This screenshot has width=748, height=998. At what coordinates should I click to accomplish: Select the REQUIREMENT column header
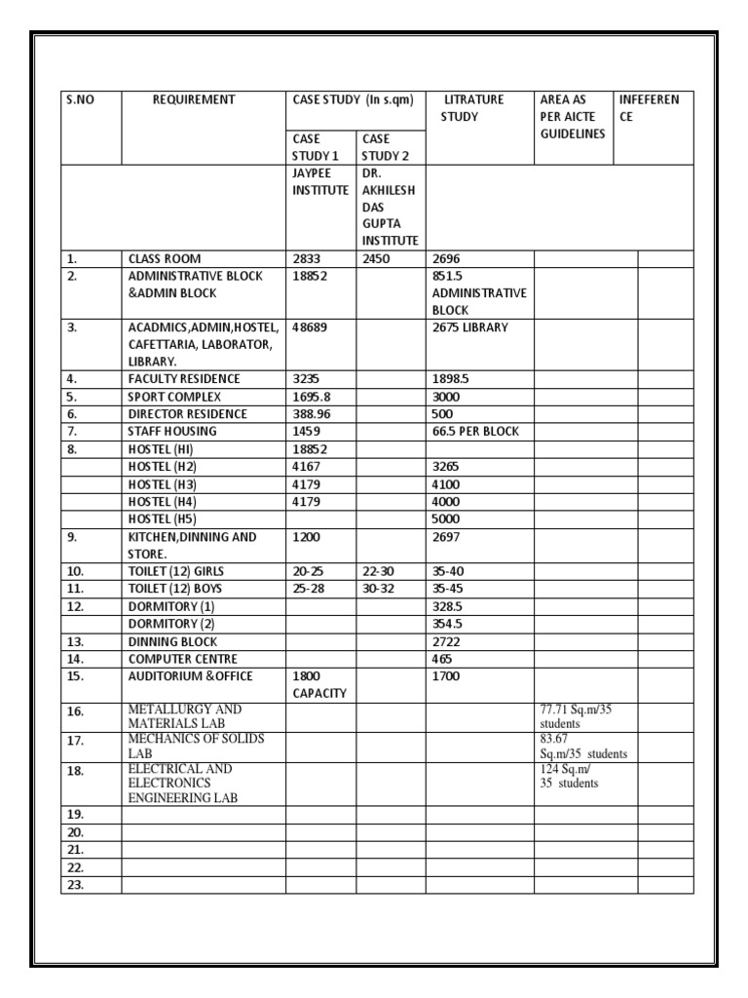tap(194, 99)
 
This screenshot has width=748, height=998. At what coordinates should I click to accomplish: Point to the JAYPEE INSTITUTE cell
tap(320, 182)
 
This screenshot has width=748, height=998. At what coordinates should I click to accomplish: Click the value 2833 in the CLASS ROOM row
tap(307, 259)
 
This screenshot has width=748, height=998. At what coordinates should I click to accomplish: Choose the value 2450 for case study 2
tap(376, 259)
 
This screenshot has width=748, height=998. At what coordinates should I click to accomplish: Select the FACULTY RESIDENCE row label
tap(184, 378)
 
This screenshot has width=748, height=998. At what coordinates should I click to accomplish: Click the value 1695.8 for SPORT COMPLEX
tap(313, 397)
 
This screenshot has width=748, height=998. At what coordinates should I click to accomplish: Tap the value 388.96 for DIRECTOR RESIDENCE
tap(313, 414)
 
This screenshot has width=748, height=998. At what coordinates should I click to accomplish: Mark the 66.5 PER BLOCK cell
tap(476, 432)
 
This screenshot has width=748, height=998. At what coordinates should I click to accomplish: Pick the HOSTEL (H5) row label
tap(163, 518)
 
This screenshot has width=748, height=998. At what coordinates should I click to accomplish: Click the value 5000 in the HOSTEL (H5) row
tap(447, 518)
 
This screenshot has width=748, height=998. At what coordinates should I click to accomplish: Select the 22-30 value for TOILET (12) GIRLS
tap(379, 571)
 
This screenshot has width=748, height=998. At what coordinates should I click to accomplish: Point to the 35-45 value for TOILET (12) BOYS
tap(449, 589)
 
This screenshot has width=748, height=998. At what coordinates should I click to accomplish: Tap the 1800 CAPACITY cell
tap(319, 684)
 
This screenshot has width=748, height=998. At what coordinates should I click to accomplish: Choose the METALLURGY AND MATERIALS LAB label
tap(185, 716)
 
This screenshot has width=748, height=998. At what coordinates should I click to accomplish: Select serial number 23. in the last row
tap(76, 885)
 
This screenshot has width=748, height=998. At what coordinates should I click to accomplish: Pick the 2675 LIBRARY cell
tap(469, 327)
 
